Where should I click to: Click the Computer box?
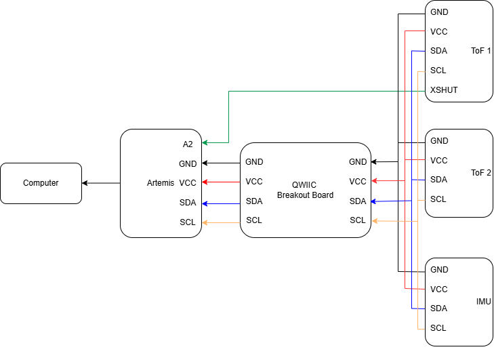point(41,183)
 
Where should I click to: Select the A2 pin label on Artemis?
point(188,144)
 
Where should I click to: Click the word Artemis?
point(161,183)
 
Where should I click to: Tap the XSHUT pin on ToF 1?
point(444,89)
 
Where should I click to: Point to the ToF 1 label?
point(480,51)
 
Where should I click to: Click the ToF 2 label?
point(480,172)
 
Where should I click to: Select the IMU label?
point(484,301)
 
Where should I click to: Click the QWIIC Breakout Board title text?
point(305,190)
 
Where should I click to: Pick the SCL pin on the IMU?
point(438,327)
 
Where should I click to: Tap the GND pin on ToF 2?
point(439,141)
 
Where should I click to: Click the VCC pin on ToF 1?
point(438,31)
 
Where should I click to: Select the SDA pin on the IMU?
point(438,308)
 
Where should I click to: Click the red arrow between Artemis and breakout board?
point(222,182)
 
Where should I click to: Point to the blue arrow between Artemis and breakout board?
point(222,203)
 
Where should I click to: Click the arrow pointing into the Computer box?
point(100,183)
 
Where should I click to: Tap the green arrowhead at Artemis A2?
point(205,143)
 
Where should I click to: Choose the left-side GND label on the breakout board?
point(254,162)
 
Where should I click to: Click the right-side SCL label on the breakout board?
point(358,220)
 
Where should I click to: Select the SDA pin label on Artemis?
point(188,203)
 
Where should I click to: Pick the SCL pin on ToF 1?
point(438,71)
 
